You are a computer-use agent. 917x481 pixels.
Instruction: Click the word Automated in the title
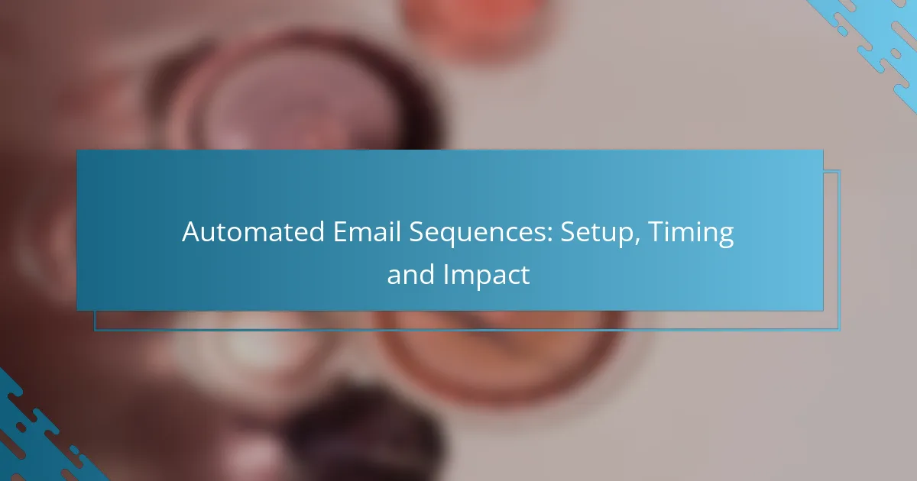253,232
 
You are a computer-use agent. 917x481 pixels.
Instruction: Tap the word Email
367,232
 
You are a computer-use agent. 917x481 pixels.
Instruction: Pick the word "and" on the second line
410,274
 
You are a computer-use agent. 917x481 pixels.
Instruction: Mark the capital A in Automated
191,232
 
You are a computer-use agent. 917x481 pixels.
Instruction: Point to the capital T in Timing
656,232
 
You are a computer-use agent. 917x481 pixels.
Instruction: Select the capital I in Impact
446,274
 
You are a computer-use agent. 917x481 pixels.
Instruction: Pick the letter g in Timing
725,237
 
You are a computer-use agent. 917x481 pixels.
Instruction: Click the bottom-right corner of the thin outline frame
840,330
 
